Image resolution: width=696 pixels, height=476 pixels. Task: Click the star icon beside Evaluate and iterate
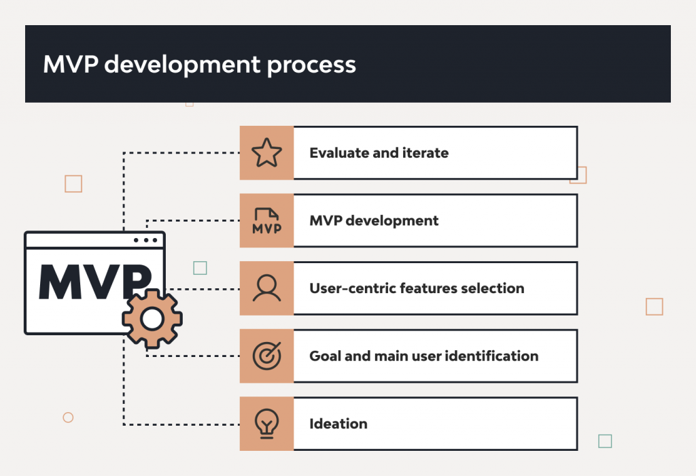(x=266, y=153)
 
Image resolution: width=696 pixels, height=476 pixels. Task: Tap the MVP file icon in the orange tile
(x=266, y=221)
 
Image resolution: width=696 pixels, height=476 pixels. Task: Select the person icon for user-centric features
(x=266, y=288)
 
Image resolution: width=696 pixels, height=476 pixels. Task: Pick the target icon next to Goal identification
(x=266, y=356)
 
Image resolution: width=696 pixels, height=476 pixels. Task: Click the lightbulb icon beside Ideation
(x=266, y=424)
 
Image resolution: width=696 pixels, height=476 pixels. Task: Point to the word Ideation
(x=338, y=424)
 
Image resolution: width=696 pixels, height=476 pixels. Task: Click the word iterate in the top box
(x=425, y=153)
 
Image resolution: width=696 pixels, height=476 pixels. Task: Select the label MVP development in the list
(x=374, y=221)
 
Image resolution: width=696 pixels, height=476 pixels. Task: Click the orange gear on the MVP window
(x=152, y=318)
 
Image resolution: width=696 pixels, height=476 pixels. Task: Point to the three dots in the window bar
(x=145, y=241)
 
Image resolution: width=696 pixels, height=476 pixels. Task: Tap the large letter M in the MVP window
(x=63, y=281)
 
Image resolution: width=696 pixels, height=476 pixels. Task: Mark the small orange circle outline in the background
(x=68, y=418)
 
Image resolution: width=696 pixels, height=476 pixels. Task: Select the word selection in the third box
(x=492, y=288)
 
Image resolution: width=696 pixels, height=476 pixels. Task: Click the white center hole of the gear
(x=152, y=318)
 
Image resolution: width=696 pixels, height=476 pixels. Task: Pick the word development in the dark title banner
(x=182, y=65)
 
